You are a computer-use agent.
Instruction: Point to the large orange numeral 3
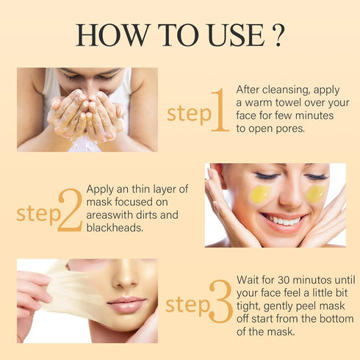pos(220,301)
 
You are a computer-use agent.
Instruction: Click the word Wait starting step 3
pos(249,281)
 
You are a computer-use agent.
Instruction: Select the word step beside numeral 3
pos(187,304)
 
